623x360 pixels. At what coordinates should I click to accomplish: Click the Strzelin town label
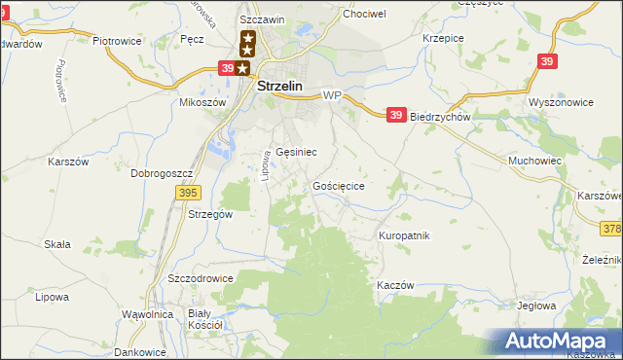click(280, 86)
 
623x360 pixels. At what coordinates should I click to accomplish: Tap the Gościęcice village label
click(339, 185)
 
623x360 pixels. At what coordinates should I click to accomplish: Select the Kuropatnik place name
click(404, 235)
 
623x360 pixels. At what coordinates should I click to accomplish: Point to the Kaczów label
click(395, 285)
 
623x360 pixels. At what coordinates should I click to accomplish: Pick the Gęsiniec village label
click(296, 152)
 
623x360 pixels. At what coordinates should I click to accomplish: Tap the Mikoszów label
click(202, 102)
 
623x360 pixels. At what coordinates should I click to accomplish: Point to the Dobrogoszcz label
click(163, 173)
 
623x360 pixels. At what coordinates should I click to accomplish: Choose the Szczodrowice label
click(201, 277)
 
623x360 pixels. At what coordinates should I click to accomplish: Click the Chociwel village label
click(364, 15)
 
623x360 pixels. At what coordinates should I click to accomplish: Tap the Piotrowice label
click(117, 42)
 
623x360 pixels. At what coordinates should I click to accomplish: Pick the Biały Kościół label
click(205, 319)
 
